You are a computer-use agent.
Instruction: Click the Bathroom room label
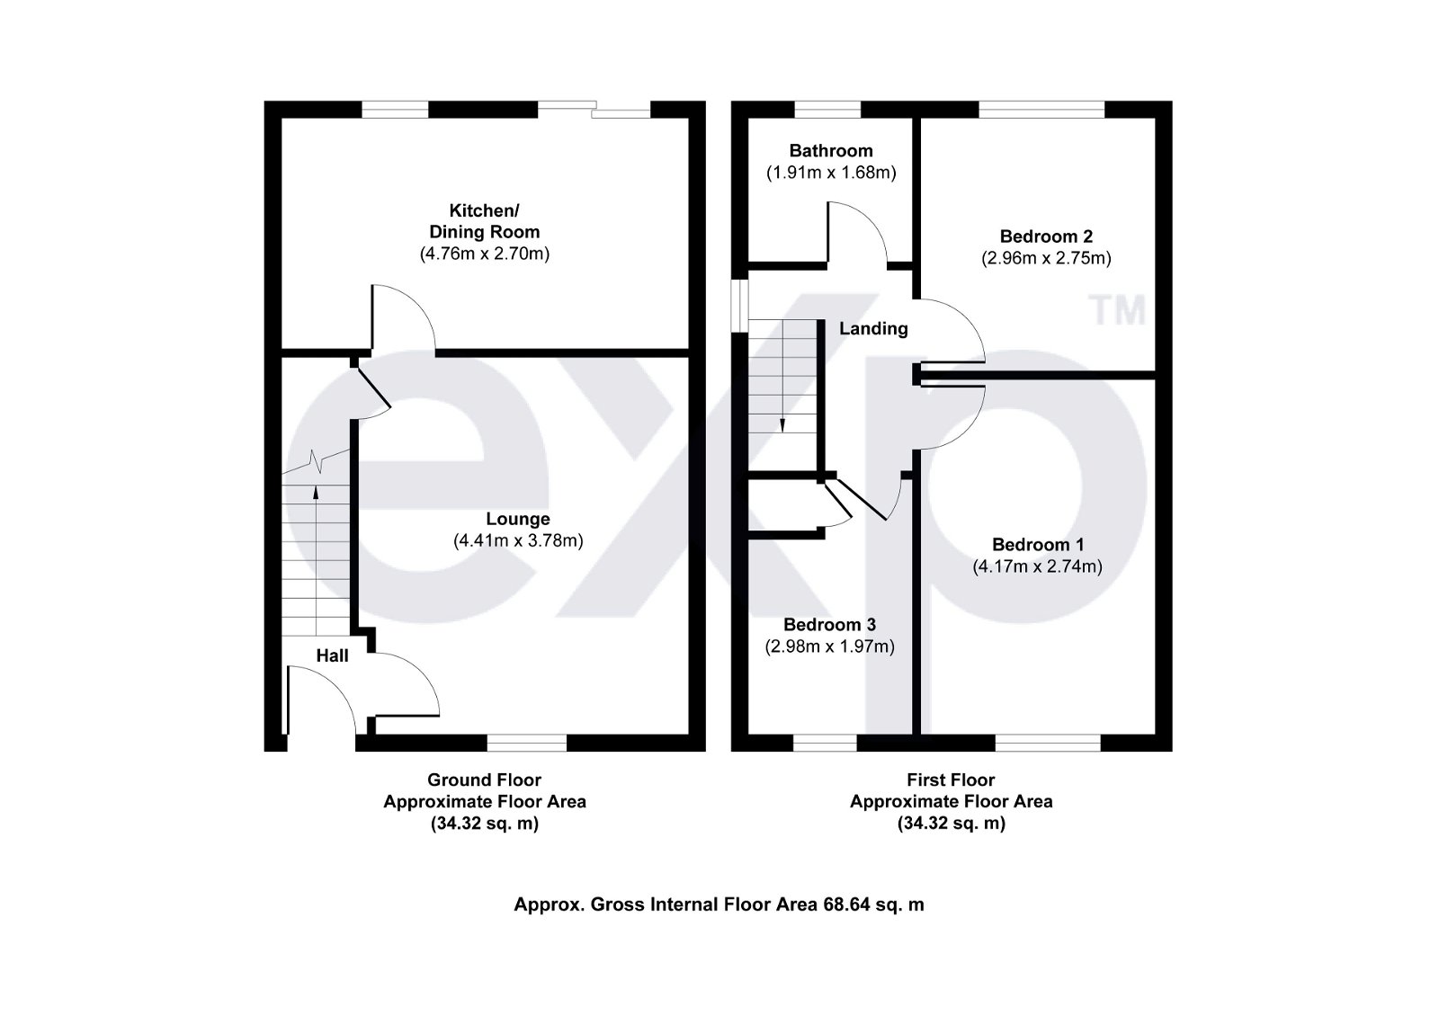click(x=831, y=151)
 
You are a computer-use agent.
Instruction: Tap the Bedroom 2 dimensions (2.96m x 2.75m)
click(x=1046, y=259)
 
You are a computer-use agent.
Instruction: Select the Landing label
click(x=873, y=329)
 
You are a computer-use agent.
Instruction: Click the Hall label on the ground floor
click(x=332, y=656)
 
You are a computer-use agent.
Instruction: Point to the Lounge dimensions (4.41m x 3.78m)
click(x=518, y=541)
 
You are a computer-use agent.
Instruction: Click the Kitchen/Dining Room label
click(x=484, y=221)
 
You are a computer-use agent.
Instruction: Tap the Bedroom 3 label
click(x=829, y=625)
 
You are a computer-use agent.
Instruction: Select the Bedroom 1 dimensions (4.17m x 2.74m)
click(x=1037, y=567)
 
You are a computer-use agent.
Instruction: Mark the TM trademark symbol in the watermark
click(x=1118, y=310)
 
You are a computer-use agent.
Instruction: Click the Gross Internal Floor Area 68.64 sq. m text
click(x=719, y=905)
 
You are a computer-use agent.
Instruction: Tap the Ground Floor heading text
click(x=484, y=780)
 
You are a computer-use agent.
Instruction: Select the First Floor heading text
click(x=952, y=780)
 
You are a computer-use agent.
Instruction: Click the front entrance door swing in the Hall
click(x=319, y=697)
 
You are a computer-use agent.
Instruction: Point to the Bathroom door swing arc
click(x=859, y=232)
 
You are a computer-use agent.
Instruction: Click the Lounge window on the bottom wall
click(x=526, y=743)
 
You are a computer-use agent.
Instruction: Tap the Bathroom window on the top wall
click(x=827, y=109)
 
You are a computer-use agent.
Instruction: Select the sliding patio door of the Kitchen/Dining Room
click(x=594, y=109)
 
